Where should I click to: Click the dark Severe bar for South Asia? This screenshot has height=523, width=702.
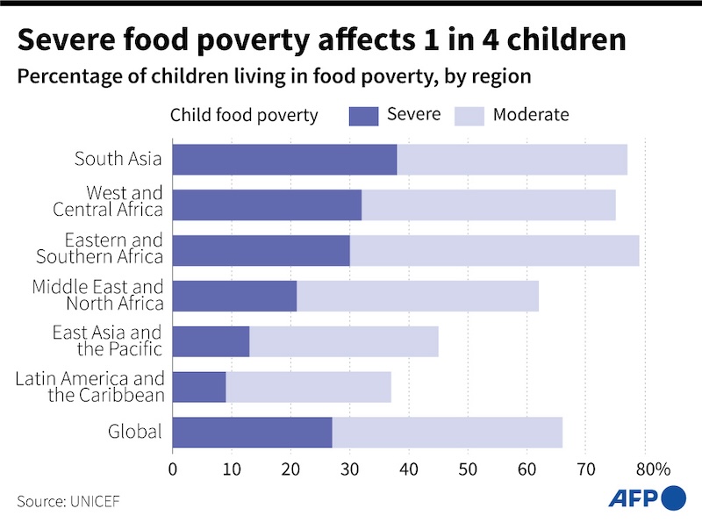tap(284, 159)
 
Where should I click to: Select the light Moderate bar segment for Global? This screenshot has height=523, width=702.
tap(447, 432)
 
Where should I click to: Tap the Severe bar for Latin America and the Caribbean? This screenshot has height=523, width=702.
tap(199, 386)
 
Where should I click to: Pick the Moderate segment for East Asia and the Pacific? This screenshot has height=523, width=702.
tap(343, 340)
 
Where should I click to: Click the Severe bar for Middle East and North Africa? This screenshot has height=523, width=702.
tap(234, 295)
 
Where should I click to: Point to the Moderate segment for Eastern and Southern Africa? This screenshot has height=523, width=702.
tap(494, 250)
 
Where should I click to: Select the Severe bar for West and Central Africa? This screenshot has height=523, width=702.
tap(267, 204)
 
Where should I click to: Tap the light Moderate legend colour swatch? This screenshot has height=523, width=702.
tap(468, 116)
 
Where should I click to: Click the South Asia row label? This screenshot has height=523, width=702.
tap(118, 159)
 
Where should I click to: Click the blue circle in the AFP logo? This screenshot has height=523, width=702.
tap(672, 498)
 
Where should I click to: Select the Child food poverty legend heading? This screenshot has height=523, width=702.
tap(243, 116)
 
